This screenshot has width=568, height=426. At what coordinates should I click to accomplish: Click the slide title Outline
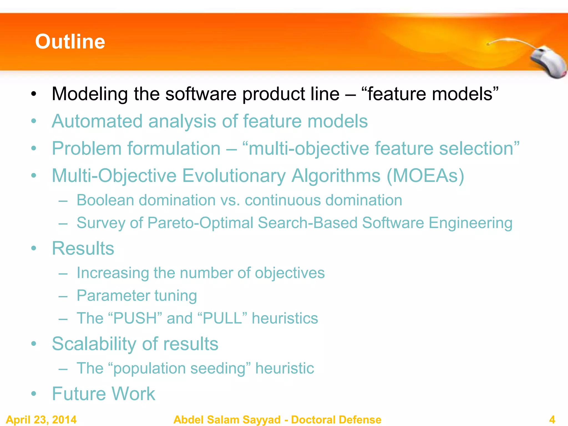click(70, 42)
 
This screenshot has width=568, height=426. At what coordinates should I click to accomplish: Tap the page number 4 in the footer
click(552, 419)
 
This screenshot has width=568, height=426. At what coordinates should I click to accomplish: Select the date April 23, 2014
click(41, 419)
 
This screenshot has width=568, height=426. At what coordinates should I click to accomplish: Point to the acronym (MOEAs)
click(425, 176)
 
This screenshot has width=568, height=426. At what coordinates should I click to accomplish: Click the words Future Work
click(103, 394)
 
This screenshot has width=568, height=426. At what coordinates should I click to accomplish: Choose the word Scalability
click(94, 344)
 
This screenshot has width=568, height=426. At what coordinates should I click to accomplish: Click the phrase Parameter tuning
click(137, 295)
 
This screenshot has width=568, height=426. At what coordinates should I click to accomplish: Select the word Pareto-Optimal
click(200, 223)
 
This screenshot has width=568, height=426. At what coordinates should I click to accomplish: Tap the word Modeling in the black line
click(89, 94)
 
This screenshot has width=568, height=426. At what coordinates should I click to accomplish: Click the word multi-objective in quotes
click(308, 148)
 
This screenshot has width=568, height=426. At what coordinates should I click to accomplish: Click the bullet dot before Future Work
click(34, 394)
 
